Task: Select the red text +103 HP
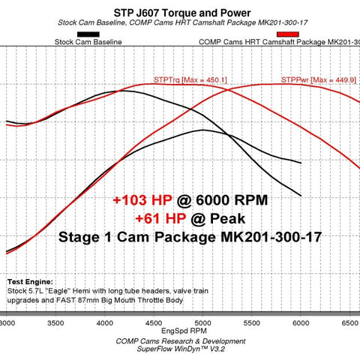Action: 142,201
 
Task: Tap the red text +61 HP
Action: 160,218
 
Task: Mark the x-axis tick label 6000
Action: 300,323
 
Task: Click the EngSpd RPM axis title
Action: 179,331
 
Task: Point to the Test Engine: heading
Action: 29,277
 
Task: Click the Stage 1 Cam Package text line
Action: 180,237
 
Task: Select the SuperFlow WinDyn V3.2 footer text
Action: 179,349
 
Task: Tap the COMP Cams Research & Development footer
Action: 179,340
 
